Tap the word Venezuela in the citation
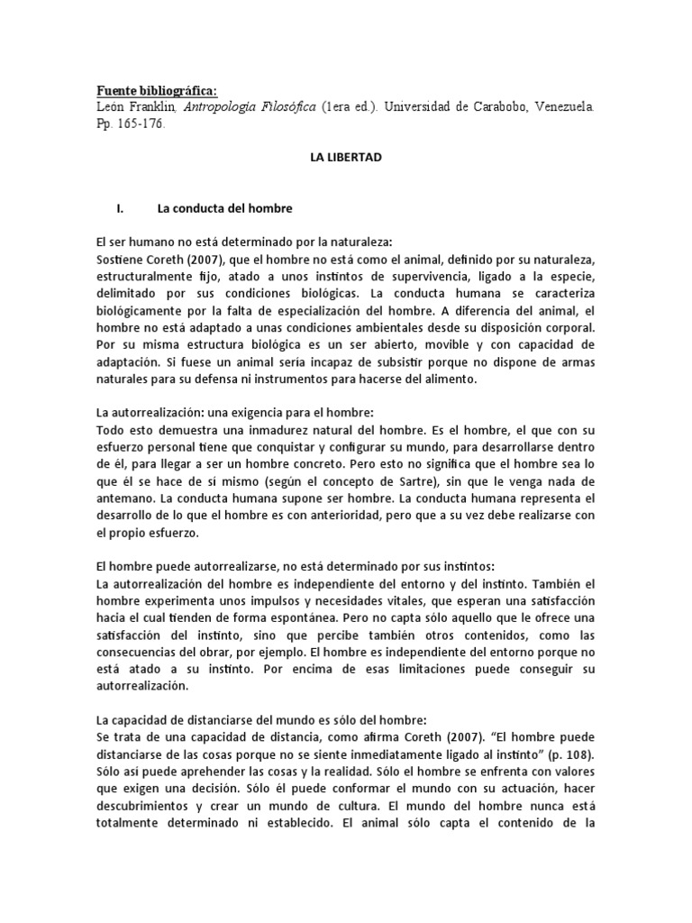[556, 106]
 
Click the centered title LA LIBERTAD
[346, 157]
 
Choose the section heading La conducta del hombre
[224, 208]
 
